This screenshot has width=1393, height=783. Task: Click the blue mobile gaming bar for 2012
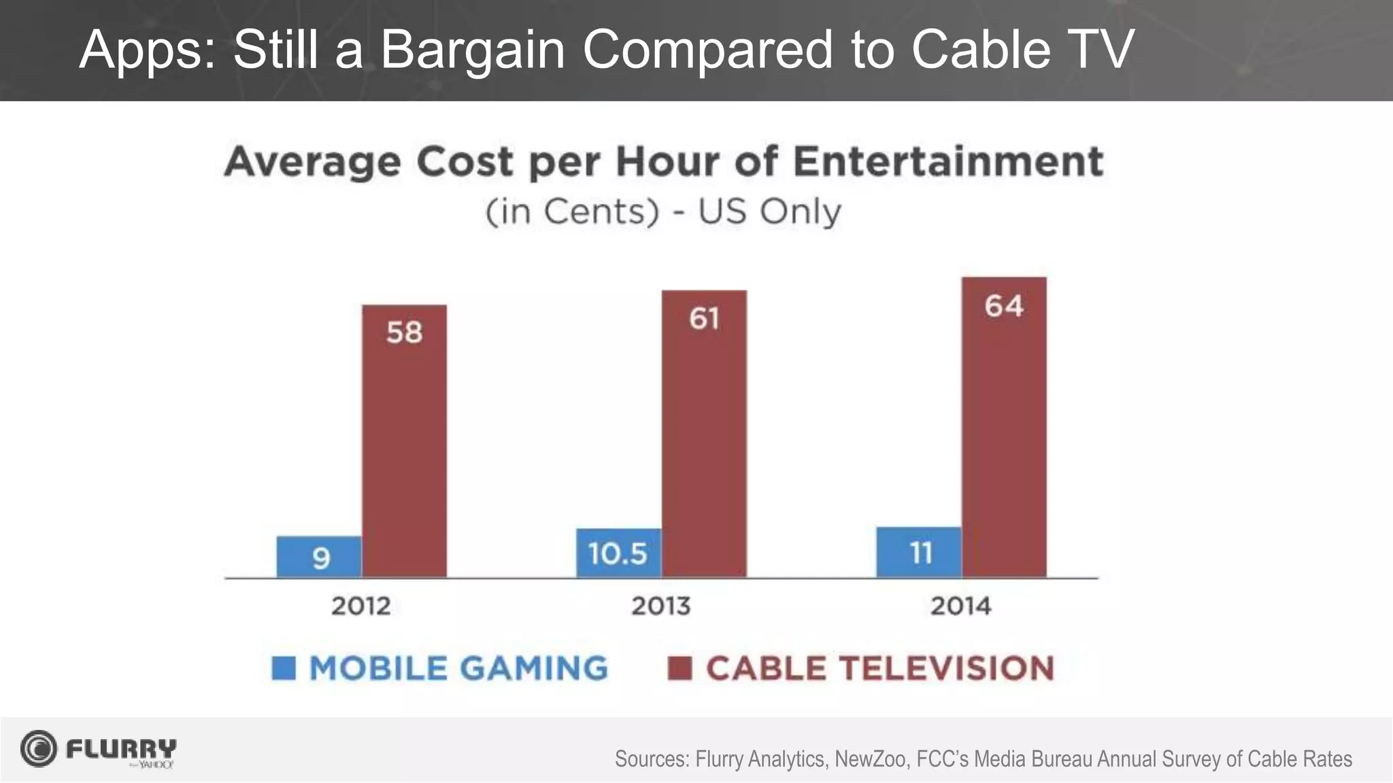coord(318,557)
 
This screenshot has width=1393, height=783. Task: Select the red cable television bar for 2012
coord(404,442)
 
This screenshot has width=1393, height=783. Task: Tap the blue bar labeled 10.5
coord(618,553)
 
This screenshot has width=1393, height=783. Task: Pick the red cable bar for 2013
coord(704,435)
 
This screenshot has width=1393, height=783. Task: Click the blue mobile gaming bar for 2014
coord(918,552)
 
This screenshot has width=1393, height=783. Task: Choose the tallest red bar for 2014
coord(1004,428)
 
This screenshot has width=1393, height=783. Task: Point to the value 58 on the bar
coord(404,332)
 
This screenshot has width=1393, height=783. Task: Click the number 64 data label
coord(1004,306)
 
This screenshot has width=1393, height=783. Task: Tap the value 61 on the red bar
coord(704,318)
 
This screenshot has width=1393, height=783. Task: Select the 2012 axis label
coord(360,606)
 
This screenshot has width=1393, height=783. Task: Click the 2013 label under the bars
coord(660,606)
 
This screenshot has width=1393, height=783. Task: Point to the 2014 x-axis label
coord(960,606)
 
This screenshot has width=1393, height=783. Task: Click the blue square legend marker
coord(284,667)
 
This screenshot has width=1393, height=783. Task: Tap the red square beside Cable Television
coord(679,667)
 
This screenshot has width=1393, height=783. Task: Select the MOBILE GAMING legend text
coord(458,667)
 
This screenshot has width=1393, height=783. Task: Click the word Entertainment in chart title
coord(947,162)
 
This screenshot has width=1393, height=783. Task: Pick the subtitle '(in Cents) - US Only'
coord(663,211)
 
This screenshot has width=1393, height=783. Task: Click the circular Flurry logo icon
coord(39,749)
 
